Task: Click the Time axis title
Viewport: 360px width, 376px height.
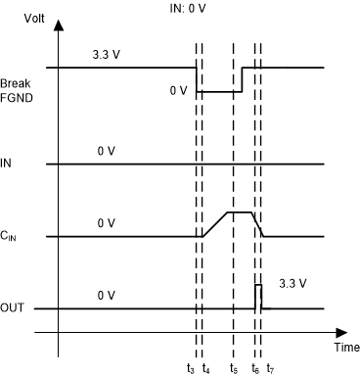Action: coord(343,348)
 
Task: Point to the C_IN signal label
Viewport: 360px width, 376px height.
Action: coord(13,236)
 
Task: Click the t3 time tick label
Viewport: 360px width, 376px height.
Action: coord(191,368)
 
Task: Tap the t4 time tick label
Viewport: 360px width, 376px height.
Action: coord(205,368)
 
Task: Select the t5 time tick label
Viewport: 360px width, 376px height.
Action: coord(233,368)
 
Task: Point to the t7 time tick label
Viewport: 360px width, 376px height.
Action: coord(270,368)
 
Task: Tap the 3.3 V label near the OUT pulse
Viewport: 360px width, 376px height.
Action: coord(291,284)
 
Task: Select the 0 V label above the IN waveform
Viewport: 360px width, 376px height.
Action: coord(108,151)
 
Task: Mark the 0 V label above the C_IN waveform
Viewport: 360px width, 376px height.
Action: coord(108,224)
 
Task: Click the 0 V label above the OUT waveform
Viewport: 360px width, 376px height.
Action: coord(108,296)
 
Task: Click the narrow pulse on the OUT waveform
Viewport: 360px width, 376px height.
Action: coord(258,296)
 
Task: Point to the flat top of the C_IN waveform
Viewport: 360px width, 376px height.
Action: coord(241,211)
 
